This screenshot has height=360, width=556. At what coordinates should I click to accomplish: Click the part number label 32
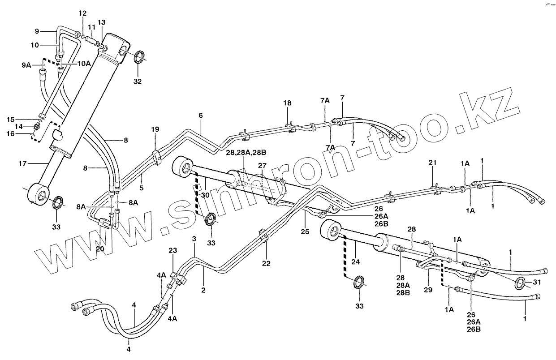[138, 81]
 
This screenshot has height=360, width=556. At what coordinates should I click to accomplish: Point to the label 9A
[26, 65]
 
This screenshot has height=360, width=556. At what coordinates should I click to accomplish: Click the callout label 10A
[83, 64]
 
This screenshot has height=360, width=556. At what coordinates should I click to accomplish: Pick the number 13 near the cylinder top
[101, 22]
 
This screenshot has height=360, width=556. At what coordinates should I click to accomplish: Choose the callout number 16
[11, 133]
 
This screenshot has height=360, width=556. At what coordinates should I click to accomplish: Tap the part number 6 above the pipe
[201, 116]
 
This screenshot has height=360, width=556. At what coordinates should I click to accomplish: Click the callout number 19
[155, 130]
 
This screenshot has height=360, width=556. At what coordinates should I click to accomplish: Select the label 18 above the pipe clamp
[287, 103]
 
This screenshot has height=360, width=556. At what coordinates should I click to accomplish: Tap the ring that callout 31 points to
[521, 283]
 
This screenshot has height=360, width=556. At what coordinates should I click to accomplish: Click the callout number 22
[266, 263]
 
